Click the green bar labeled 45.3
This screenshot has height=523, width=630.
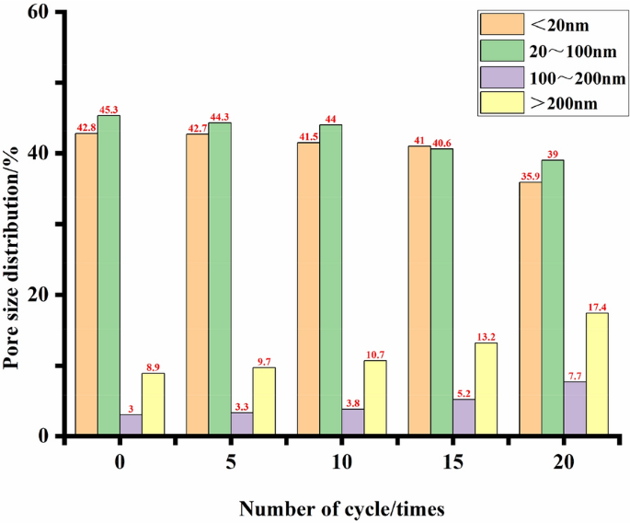(109, 275)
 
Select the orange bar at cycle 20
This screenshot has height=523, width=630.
(531, 308)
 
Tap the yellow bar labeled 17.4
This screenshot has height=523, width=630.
(597, 374)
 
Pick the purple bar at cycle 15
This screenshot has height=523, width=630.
(464, 417)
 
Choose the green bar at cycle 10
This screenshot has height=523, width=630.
(330, 280)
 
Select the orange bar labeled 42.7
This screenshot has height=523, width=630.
(198, 285)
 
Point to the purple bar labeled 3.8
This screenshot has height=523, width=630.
(352, 422)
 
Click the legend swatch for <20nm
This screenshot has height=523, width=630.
(497, 23)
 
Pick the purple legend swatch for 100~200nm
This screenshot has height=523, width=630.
(497, 76)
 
